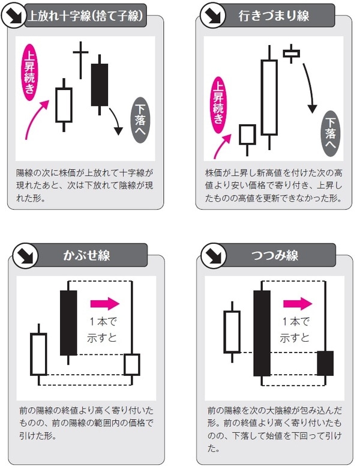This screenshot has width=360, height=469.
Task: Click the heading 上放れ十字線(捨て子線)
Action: coord(87,16)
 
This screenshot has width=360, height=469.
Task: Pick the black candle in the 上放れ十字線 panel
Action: coord(100,84)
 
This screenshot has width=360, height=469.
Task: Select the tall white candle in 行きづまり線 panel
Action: coord(270,98)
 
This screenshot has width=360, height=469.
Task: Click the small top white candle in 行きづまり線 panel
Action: coord(292,54)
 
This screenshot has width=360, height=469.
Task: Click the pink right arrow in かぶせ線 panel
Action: coord(105,303)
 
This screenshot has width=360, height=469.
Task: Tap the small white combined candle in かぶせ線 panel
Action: coord(131,364)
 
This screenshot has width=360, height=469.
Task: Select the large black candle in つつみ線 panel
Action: coord(262,333)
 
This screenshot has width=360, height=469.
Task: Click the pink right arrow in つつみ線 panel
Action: coord(295,302)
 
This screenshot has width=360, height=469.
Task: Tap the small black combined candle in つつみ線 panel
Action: coord(325,363)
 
